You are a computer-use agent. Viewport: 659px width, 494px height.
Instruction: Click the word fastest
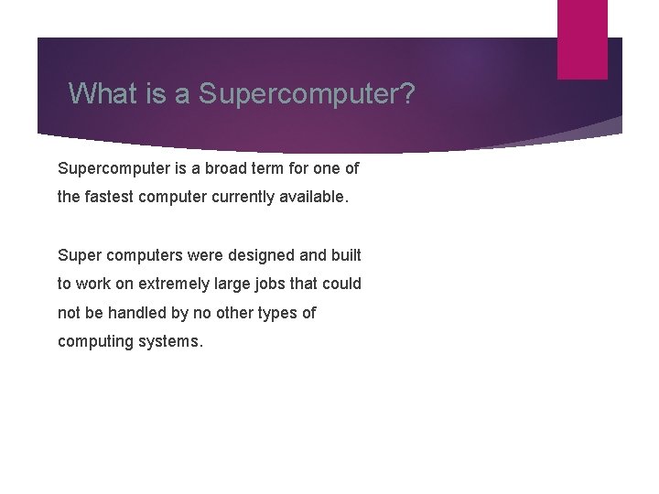point(109,197)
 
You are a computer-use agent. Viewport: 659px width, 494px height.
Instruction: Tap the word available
point(316,197)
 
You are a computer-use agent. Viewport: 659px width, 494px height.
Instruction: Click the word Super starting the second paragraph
point(79,255)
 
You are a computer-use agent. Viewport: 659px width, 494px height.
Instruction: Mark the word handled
point(136,313)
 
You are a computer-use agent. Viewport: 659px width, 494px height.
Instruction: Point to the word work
point(96,284)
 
